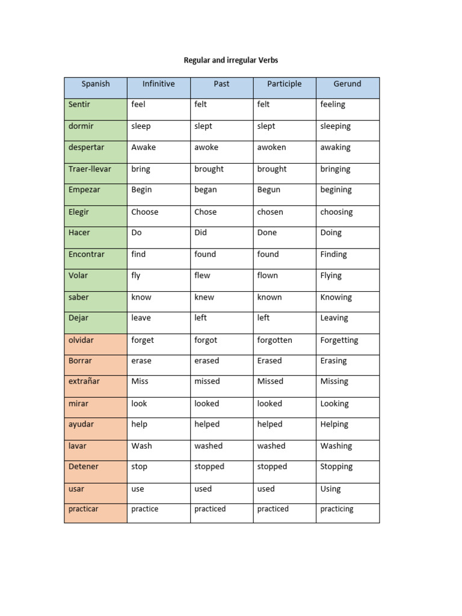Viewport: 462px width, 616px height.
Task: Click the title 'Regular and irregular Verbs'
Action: [231, 60]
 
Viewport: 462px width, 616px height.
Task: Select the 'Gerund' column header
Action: [347, 84]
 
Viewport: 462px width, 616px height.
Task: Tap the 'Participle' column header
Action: [285, 84]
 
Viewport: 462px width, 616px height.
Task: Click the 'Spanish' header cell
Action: [96, 84]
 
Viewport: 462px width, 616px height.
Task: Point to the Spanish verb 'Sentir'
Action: [79, 105]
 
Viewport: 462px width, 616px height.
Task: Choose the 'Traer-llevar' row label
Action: [90, 169]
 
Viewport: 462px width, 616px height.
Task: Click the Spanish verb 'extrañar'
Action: [84, 381]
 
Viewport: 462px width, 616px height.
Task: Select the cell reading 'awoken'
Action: [272, 147]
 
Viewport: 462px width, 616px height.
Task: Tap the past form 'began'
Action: [206, 190]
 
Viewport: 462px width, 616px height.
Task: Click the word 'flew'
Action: [202, 276]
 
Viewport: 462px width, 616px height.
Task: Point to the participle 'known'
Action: [269, 297]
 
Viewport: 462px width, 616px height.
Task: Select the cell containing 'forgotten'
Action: [275, 340]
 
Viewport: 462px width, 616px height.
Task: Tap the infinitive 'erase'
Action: [141, 361]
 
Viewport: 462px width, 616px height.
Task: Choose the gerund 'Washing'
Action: [336, 446]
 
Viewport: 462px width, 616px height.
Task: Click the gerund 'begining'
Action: [336, 190]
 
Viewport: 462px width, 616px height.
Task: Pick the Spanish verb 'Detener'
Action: [84, 467]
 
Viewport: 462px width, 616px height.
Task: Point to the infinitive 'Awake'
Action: [143, 147]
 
